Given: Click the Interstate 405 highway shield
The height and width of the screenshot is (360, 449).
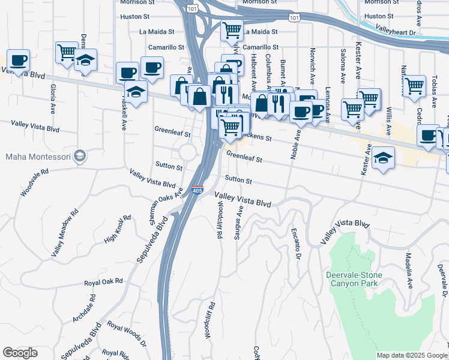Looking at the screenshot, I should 197,190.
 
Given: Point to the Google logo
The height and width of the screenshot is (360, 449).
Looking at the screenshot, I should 20,353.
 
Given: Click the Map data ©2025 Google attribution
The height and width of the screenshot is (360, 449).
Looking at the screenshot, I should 412,355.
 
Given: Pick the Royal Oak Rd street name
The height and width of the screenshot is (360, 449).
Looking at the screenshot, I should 103,281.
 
